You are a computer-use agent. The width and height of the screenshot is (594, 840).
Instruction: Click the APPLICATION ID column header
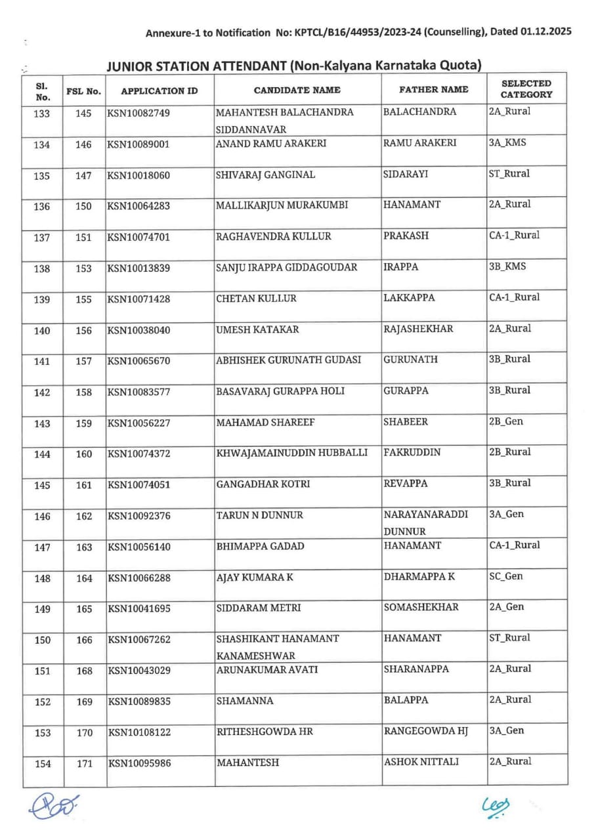click(x=159, y=91)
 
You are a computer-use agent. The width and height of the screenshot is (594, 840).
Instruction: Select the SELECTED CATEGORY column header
click(x=526, y=89)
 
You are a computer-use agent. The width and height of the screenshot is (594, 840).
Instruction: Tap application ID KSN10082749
click(x=139, y=113)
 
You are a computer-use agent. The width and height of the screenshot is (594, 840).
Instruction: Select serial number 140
click(x=42, y=331)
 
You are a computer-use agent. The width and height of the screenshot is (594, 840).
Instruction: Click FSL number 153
click(x=84, y=268)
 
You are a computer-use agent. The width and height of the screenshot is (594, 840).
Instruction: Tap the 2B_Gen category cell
click(x=506, y=421)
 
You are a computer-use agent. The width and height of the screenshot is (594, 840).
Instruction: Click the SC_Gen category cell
click(x=506, y=576)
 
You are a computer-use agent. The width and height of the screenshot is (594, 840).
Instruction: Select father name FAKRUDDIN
click(x=412, y=452)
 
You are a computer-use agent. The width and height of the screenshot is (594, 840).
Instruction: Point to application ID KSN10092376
click(x=139, y=516)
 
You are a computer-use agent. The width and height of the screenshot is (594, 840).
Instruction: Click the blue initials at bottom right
click(x=496, y=806)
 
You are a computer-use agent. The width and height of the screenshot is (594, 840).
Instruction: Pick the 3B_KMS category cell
click(x=507, y=266)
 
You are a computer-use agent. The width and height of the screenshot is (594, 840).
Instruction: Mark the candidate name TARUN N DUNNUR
click(x=260, y=516)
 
